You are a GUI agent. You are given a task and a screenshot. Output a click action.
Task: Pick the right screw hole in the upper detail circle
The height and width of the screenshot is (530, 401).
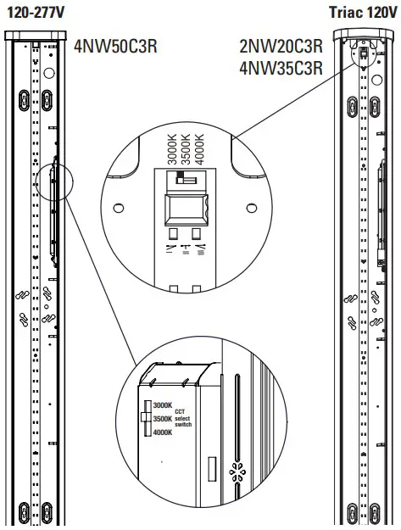251,206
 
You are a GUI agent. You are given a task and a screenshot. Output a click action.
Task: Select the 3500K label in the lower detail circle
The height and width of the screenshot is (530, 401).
163,419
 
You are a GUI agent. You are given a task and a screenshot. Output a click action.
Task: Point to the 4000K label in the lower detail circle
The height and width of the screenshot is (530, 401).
163,433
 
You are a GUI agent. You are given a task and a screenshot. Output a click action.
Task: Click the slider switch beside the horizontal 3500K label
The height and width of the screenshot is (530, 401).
146,419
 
